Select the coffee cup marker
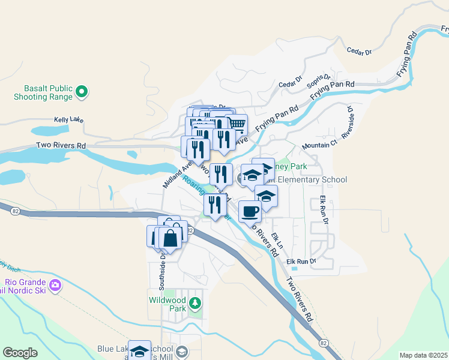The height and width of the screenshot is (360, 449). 250,211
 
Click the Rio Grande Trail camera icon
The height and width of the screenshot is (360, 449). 55,284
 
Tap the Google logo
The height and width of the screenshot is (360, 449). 20,353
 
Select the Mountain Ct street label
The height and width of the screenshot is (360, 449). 320,146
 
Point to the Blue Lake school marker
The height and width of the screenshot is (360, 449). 139,351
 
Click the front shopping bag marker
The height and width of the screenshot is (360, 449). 171,238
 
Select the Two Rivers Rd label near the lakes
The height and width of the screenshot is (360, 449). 61,145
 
